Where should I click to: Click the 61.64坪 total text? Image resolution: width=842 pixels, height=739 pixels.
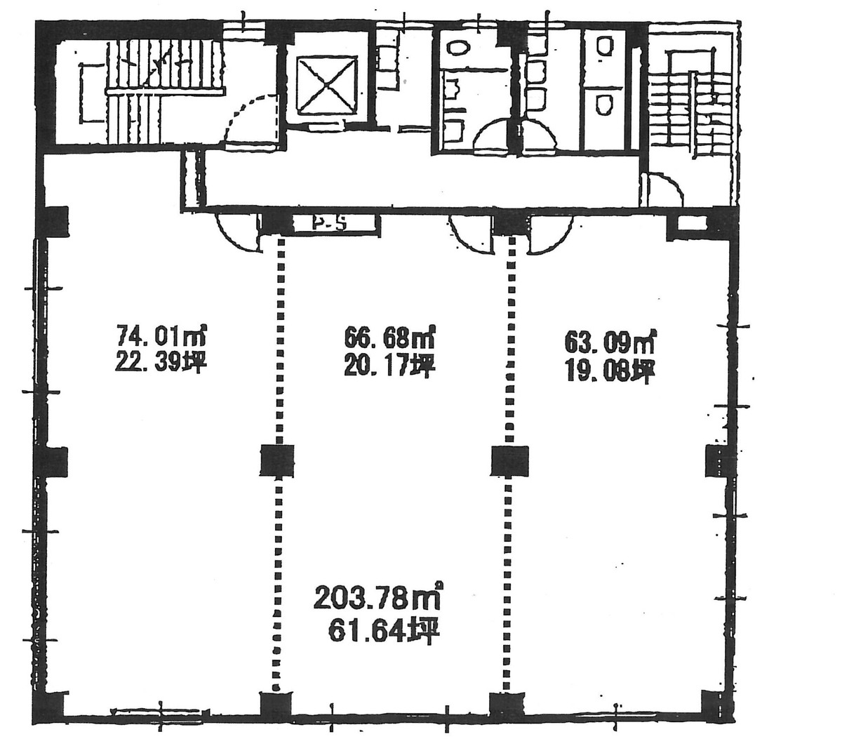[382, 632]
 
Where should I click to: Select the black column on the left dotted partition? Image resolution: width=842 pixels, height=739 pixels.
[276, 461]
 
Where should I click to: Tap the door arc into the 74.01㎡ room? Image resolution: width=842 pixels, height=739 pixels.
[237, 232]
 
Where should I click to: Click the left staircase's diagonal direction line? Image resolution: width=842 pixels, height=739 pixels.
[161, 70]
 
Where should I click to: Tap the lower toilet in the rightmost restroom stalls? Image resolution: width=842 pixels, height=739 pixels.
[603, 105]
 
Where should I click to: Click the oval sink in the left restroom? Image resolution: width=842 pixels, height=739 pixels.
[460, 48]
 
